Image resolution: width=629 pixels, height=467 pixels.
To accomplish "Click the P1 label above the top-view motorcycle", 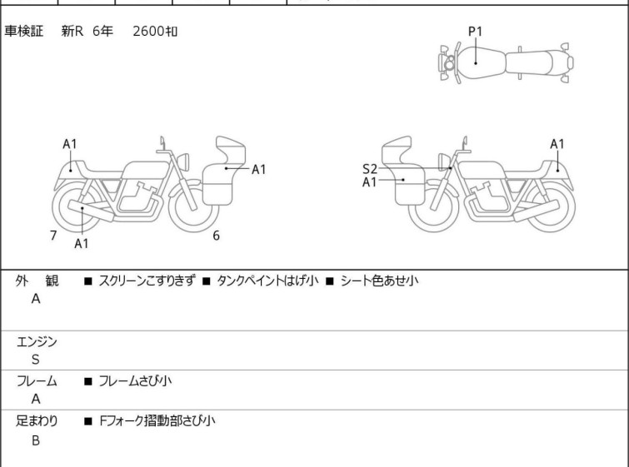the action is pos(475,32).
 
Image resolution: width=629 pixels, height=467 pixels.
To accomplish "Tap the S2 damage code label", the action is pos(369,169).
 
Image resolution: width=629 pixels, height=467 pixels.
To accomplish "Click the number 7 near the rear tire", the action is pos(53,236).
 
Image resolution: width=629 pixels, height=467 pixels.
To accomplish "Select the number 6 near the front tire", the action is pos(216,236).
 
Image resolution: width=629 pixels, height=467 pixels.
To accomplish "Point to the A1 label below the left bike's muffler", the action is pos(81,243).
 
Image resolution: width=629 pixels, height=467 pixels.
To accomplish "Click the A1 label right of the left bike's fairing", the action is pos(259,170).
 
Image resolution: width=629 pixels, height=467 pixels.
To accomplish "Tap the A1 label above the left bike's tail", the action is pos(69,144).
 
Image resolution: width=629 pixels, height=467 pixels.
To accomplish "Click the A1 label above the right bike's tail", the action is pos(557,144).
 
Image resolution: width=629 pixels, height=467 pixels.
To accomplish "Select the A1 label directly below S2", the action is pos(369,182).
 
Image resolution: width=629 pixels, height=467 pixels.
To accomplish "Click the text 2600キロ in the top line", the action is pos(155,31).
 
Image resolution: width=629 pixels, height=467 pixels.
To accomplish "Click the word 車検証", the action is pos(23,31).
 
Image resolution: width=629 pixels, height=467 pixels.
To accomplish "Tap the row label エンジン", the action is pos(37,342).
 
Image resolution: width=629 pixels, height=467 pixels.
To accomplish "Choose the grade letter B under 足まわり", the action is pos(36,440).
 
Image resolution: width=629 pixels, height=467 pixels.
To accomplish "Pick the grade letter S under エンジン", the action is pos(36,360).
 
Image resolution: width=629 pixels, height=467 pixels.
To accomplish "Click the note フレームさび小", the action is pos(135,380).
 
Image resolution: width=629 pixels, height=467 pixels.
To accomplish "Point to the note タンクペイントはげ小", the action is pos(267,281).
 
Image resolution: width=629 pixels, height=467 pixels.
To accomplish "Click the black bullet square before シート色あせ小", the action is pos(330,281).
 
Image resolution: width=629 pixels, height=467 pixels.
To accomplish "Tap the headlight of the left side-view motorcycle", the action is pos(183,162).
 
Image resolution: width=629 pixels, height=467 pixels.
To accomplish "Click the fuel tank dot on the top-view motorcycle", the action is pos(476,63).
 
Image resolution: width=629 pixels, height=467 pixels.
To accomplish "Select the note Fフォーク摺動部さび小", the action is pos(157,421).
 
